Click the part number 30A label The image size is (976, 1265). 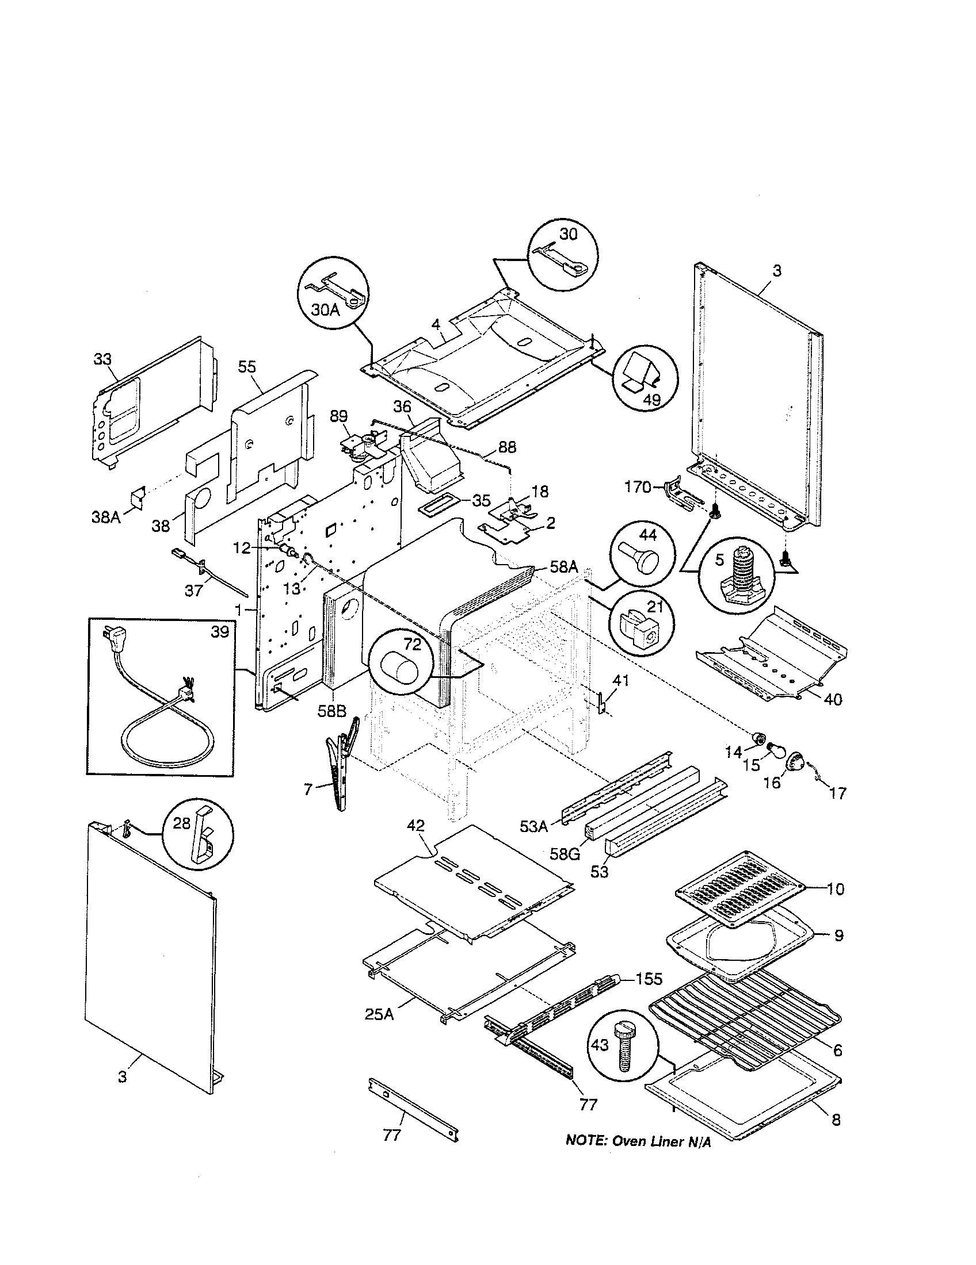325,310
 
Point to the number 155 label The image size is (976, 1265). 649,979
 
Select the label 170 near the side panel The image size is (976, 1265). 638,487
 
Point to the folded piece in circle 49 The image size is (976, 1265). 643,373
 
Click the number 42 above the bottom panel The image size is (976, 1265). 416,825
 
